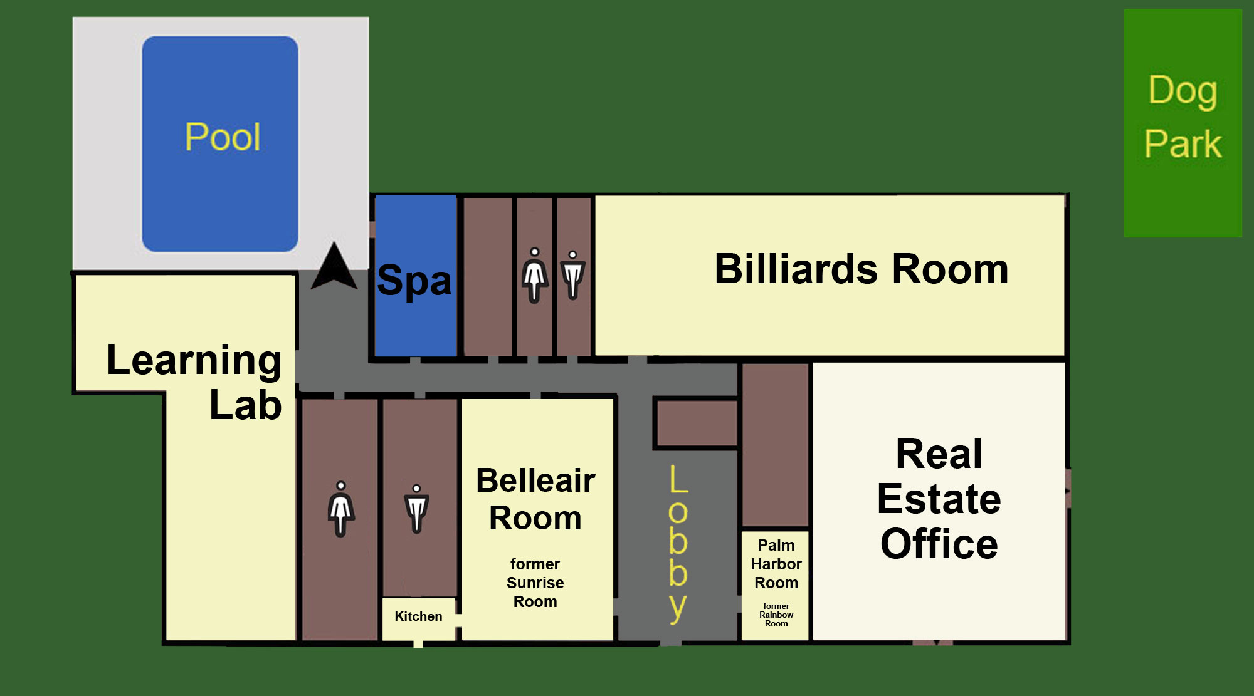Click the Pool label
pyautogui.click(x=223, y=137)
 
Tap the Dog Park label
pyautogui.click(x=1183, y=117)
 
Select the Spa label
pyautogui.click(x=414, y=280)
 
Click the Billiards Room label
pyautogui.click(x=861, y=269)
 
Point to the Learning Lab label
pyautogui.click(x=194, y=382)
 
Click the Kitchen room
pyautogui.click(x=418, y=617)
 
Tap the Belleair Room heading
pyautogui.click(x=535, y=499)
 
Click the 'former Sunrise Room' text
pyautogui.click(x=535, y=583)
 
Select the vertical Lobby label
pyautogui.click(x=678, y=543)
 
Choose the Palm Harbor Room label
pyautogui.click(x=776, y=564)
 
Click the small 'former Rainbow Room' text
pyautogui.click(x=776, y=615)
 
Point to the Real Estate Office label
pyautogui.click(x=939, y=499)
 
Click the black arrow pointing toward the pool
pyautogui.click(x=334, y=267)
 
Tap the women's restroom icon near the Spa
pyautogui.click(x=534, y=275)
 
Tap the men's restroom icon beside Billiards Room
pyautogui.click(x=572, y=275)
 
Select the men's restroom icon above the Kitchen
pyautogui.click(x=416, y=509)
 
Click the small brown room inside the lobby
pyautogui.click(x=696, y=423)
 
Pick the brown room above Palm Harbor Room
pyautogui.click(x=776, y=445)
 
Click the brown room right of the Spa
pyautogui.click(x=487, y=276)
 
